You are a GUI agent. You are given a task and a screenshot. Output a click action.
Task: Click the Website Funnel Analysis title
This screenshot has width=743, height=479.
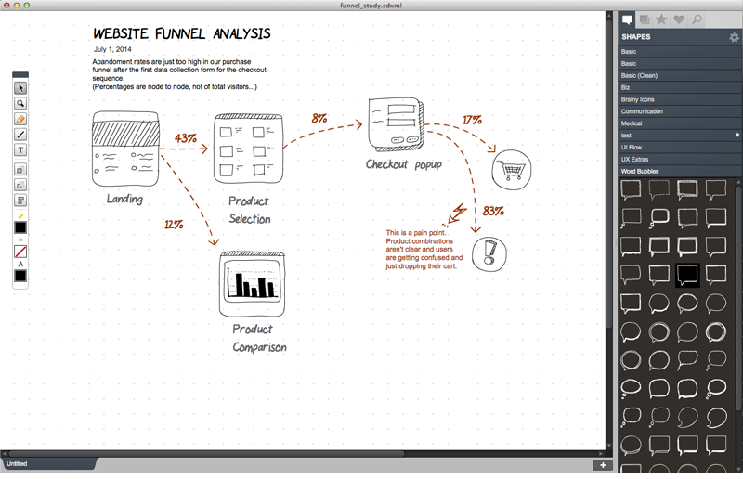click(182, 34)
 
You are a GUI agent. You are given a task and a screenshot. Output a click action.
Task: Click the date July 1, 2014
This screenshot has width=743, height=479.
click(112, 49)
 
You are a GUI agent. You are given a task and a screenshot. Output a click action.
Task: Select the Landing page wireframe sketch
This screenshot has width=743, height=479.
click(125, 149)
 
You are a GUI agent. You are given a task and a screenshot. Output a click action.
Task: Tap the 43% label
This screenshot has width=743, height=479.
click(185, 138)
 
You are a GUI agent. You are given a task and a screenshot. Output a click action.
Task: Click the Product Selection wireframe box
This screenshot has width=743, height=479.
click(246, 149)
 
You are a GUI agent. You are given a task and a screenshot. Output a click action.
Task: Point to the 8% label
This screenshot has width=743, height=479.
click(319, 119)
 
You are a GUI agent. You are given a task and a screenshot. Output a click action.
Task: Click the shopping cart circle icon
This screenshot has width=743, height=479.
click(512, 169)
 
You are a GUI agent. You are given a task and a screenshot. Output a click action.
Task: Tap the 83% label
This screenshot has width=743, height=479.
click(493, 211)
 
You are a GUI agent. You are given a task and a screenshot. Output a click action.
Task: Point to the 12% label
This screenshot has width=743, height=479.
click(174, 225)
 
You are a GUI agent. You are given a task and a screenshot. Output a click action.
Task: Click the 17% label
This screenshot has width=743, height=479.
click(472, 121)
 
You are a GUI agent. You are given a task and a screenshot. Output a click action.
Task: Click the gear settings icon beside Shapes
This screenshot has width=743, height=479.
click(734, 37)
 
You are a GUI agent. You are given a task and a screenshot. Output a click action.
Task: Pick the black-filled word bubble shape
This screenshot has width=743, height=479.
click(686, 274)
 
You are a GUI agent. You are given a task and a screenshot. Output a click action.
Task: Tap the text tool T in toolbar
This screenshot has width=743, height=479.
click(20, 149)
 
